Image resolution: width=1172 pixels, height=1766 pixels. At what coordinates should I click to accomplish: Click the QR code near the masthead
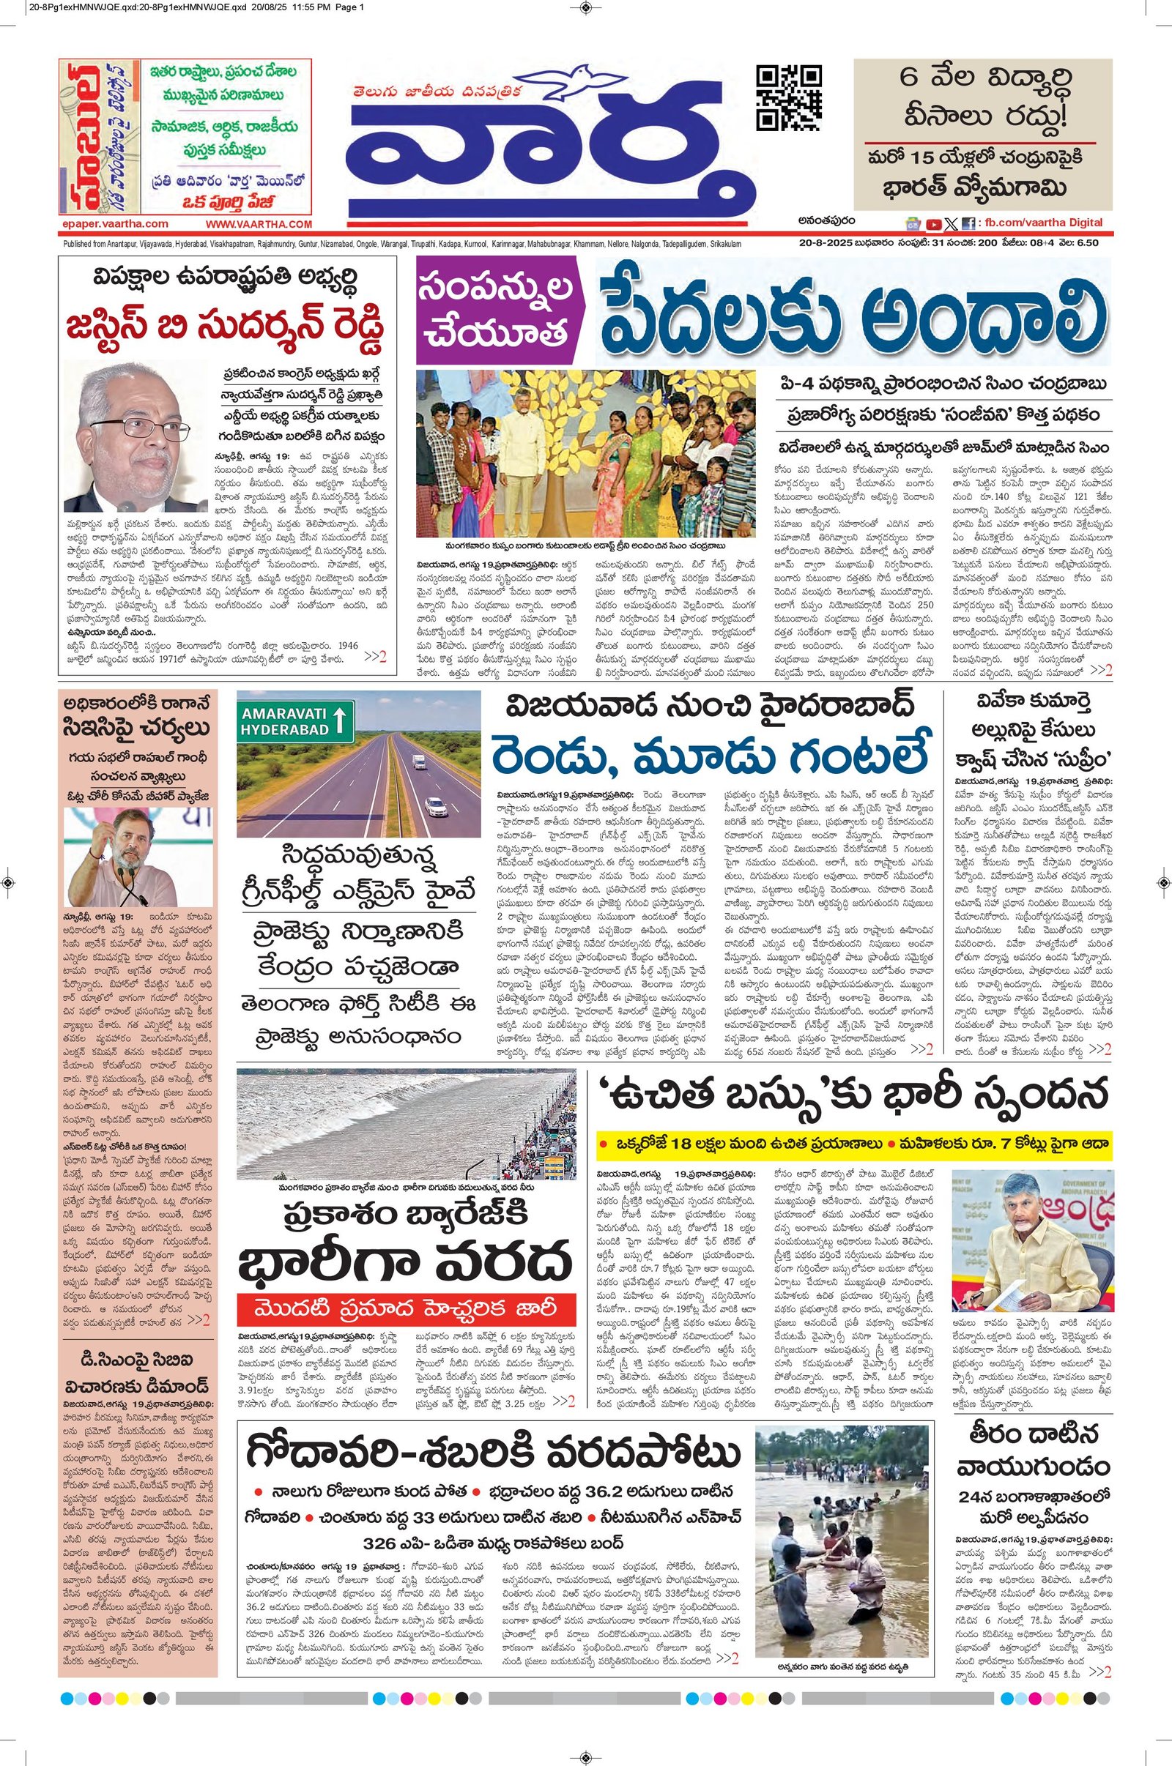coord(789,99)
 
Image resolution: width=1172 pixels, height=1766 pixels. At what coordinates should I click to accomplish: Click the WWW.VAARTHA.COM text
coord(259,223)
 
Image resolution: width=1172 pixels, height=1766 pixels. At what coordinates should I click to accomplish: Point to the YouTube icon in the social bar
coord(933,223)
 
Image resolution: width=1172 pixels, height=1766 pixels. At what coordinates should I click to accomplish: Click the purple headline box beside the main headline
coord(497,310)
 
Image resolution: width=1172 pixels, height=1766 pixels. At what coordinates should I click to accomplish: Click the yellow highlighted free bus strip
coord(853,1144)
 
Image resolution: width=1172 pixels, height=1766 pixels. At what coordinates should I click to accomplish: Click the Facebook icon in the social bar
coord(967,223)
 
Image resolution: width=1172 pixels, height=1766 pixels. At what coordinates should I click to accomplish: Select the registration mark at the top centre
coord(585,8)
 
